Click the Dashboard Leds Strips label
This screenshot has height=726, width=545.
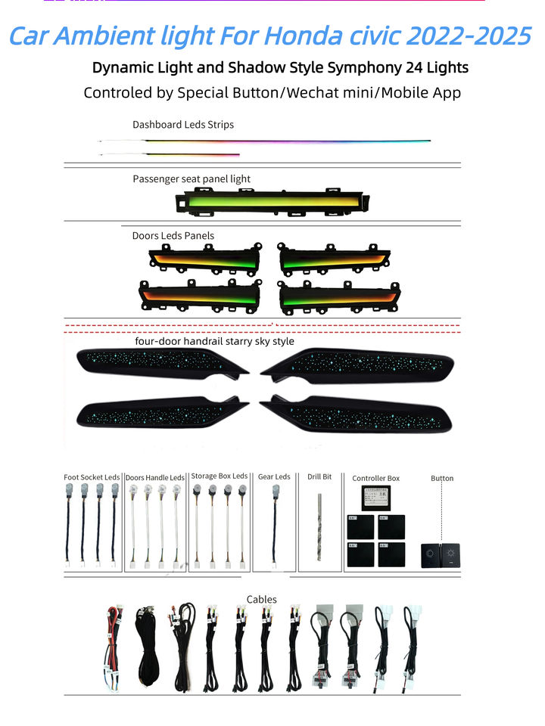coord(183,125)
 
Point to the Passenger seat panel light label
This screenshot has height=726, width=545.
coord(192,179)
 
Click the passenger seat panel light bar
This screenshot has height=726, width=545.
coord(273,202)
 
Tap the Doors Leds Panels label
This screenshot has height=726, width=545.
coord(173,236)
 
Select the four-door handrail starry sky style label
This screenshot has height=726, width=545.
coord(214,342)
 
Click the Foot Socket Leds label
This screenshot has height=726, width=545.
coord(92,478)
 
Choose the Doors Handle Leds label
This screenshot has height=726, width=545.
coord(155,478)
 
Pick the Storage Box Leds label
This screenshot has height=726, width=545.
coord(219,476)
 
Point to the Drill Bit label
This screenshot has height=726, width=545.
coord(319,477)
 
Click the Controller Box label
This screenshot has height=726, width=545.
coord(375,479)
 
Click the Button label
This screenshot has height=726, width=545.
coord(442,479)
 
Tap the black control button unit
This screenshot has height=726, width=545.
coord(441,556)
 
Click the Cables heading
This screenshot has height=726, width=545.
coord(262,600)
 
